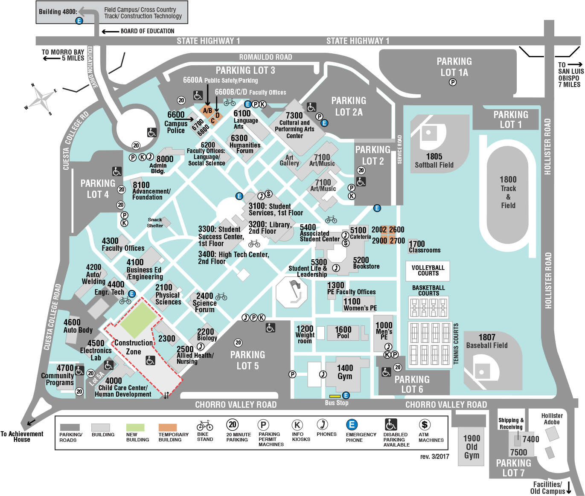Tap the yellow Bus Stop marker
pos(335,396)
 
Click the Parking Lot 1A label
pos(454,67)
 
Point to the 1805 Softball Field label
pos(434,161)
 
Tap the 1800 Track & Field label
pos(508,192)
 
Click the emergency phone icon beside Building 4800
pos(79,20)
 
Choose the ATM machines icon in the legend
pos(425,424)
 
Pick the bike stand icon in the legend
pos(205,425)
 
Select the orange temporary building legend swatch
pos(168,427)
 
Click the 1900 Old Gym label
pos(471,447)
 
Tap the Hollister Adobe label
pos(552,419)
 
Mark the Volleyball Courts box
pos(428,271)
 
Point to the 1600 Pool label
pos(343,332)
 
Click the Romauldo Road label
pos(265,57)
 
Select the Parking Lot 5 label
pos(247,360)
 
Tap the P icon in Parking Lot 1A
pos(453,82)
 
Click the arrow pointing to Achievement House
pos(31,423)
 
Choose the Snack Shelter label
pos(155,222)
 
